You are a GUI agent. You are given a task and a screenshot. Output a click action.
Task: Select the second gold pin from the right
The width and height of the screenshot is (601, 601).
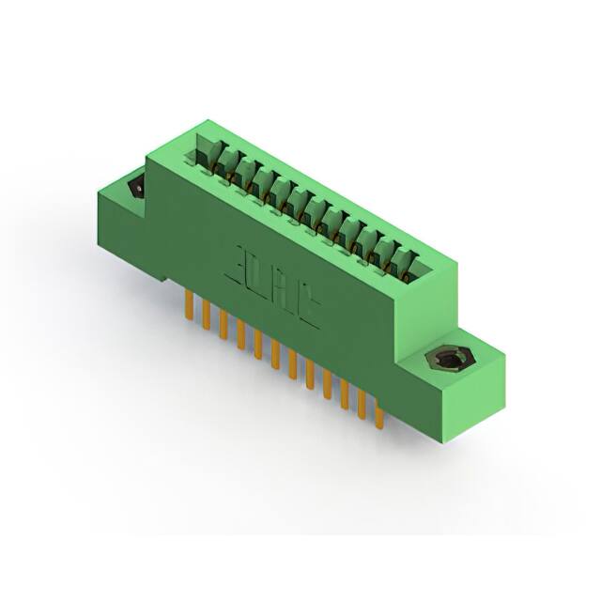click(x=362, y=405)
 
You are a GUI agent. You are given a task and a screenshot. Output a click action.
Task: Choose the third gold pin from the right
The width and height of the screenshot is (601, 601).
click(x=346, y=395)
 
